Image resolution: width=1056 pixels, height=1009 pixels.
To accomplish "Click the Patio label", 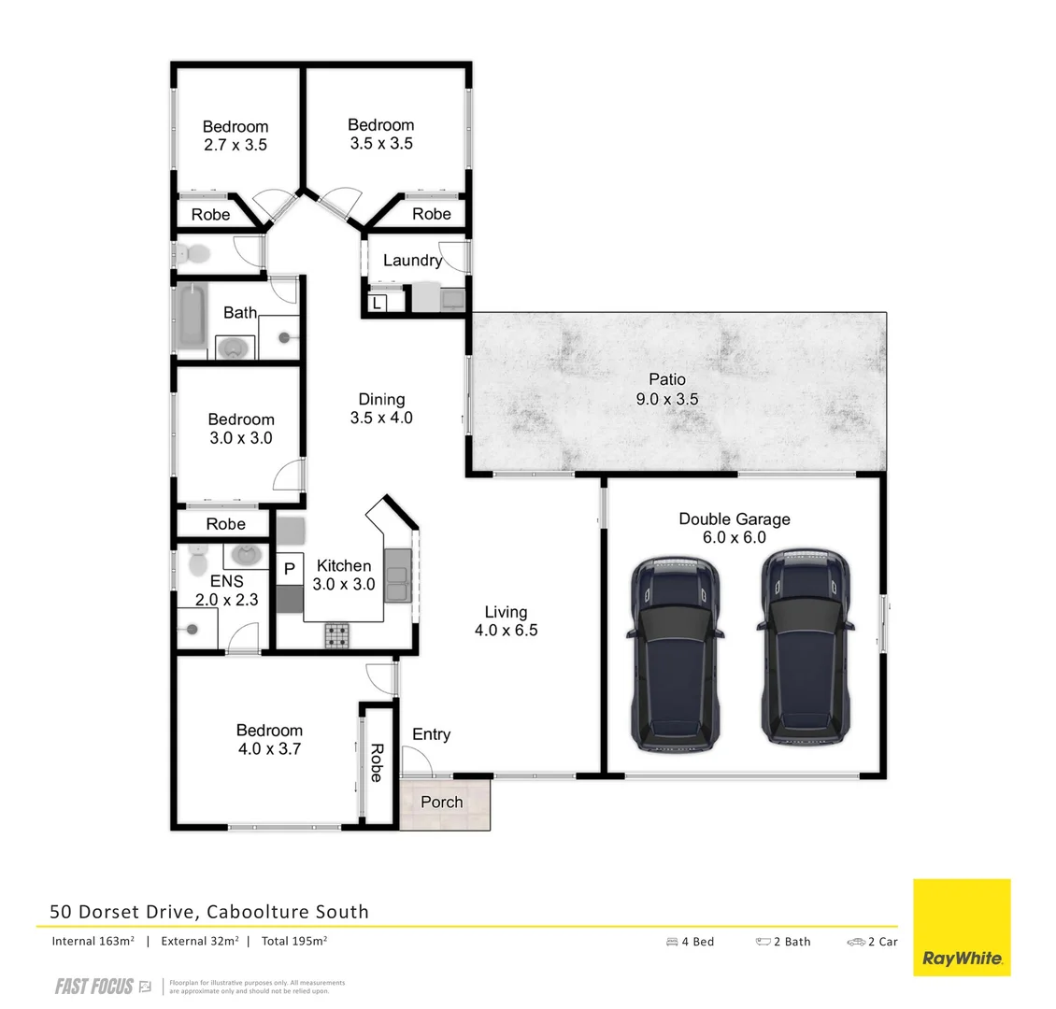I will [667, 389].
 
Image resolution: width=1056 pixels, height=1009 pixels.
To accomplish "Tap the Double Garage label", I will [734, 528].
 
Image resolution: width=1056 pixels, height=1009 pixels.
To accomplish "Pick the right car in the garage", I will [806, 647].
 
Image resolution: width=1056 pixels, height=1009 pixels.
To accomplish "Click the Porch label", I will [442, 802].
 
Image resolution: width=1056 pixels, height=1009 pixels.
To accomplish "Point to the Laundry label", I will [412, 261].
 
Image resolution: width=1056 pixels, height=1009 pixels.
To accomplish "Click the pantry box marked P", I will [289, 568].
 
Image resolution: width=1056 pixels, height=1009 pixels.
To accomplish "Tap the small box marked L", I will [377, 303].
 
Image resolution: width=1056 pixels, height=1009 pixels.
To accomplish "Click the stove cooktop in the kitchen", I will [337, 635].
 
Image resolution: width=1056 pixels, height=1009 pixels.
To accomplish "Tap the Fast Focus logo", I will [103, 987].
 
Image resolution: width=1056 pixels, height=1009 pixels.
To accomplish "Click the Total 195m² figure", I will [293, 941].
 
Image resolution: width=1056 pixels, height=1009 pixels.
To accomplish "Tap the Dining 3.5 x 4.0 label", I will [381, 409].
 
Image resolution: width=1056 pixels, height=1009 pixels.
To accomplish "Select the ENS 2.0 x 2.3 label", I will [226, 590].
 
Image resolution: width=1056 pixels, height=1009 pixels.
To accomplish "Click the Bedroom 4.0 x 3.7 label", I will [269, 739].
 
